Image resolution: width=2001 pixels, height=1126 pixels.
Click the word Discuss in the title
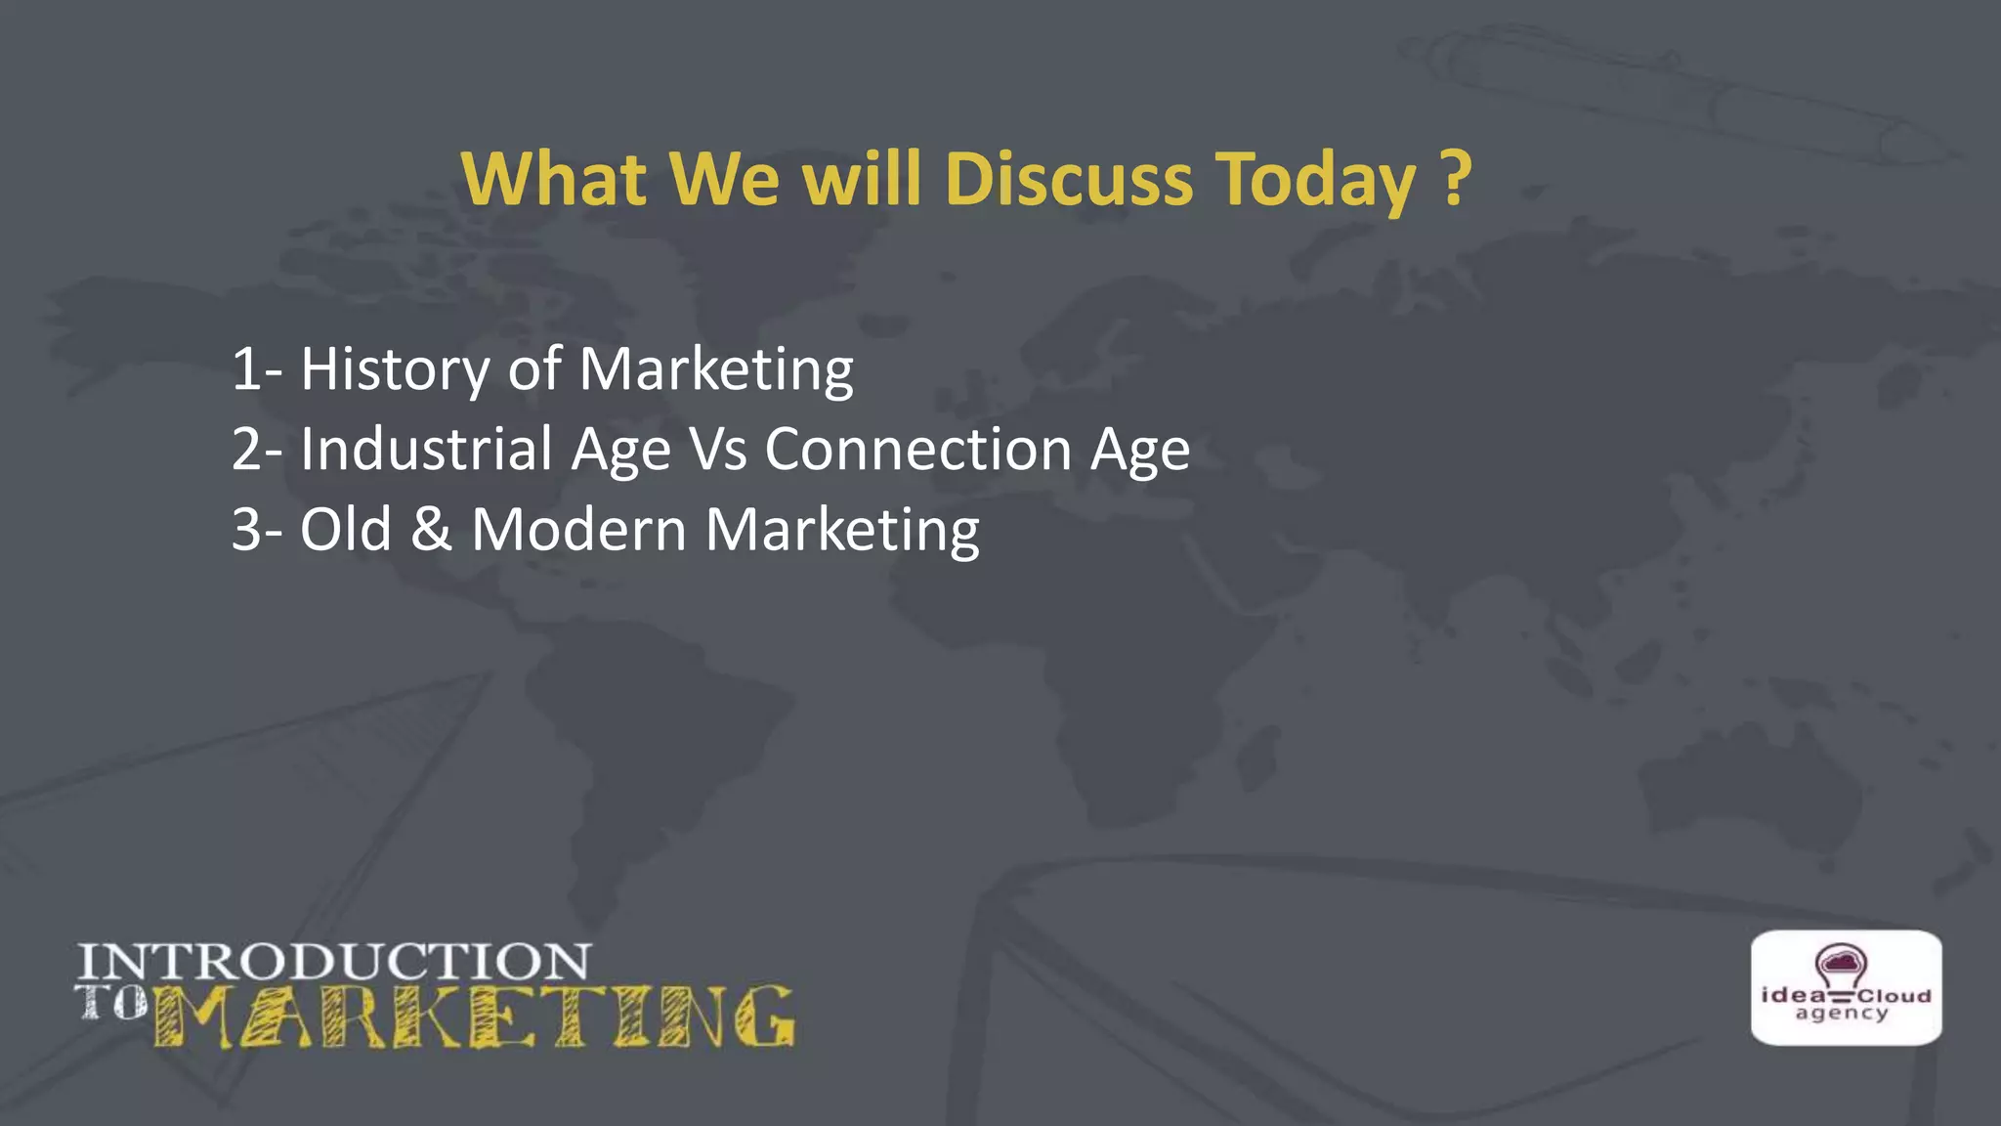[x=1069, y=180]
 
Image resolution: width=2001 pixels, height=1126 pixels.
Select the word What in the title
[x=553, y=180]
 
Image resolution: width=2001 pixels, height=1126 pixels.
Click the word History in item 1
[x=395, y=369]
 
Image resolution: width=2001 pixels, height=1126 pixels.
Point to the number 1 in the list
[x=246, y=370]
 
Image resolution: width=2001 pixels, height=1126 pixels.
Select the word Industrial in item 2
[x=426, y=450]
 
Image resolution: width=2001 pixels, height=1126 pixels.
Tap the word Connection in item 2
[x=918, y=450]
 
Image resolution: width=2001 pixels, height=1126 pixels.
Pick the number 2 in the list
[x=246, y=451]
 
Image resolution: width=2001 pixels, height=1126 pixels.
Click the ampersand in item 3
[x=431, y=530]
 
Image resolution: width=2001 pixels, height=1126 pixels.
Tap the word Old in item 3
[x=345, y=530]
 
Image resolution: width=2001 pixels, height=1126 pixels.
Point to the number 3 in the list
[x=246, y=531]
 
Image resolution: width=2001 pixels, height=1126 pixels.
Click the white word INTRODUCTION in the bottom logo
[x=334, y=962]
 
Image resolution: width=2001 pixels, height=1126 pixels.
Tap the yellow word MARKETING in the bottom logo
[x=474, y=1017]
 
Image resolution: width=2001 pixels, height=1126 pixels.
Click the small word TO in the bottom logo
[x=110, y=1003]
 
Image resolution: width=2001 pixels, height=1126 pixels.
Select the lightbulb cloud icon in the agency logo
[x=1841, y=967]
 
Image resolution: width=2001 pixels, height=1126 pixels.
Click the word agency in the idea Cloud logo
[x=1842, y=1015]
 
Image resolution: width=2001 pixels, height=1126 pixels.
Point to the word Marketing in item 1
[x=716, y=369]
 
